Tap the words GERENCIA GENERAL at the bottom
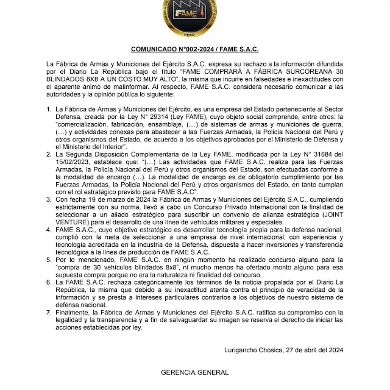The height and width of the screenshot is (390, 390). (195, 372)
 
